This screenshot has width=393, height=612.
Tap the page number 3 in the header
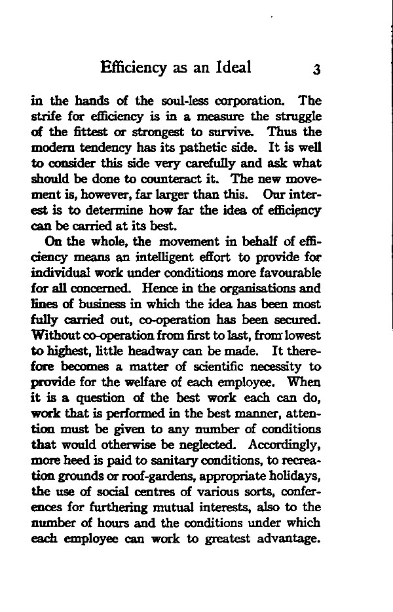pyautogui.click(x=316, y=70)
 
